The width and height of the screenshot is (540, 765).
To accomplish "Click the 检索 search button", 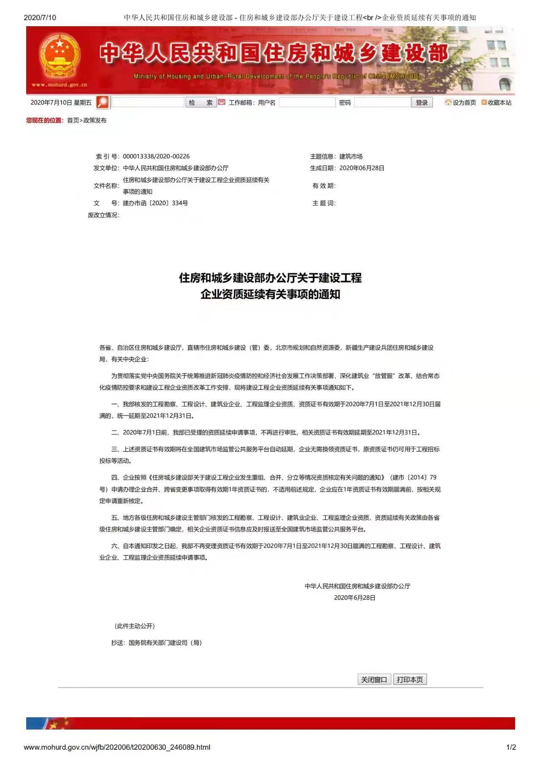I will point(201,102).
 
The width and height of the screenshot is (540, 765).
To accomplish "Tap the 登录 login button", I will point(421,102).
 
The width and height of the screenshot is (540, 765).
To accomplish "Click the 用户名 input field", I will point(307,102).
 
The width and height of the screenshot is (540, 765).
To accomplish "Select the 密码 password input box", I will point(382,102).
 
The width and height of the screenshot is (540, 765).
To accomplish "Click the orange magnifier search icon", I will point(103,102).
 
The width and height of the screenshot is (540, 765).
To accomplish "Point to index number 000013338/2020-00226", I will point(156,156).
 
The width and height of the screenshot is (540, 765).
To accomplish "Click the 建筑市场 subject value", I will point(351,156).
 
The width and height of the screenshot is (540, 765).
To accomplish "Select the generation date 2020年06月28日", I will point(362,168).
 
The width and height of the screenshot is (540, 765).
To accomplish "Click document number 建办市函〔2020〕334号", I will point(155,203).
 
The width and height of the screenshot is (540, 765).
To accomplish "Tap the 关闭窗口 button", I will point(374,679).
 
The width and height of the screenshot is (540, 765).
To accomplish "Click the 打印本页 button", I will point(410,679).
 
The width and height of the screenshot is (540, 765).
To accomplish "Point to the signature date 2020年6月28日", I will point(355,598).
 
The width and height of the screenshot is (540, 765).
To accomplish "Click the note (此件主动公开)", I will point(135,626).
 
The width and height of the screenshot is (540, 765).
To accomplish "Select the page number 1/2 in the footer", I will point(511,747).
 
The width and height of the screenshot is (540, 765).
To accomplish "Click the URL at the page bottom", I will point(117,747).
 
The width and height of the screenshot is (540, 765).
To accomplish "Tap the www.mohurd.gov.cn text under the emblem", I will point(59,85).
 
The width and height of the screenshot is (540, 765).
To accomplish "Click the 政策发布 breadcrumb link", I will point(95,120).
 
